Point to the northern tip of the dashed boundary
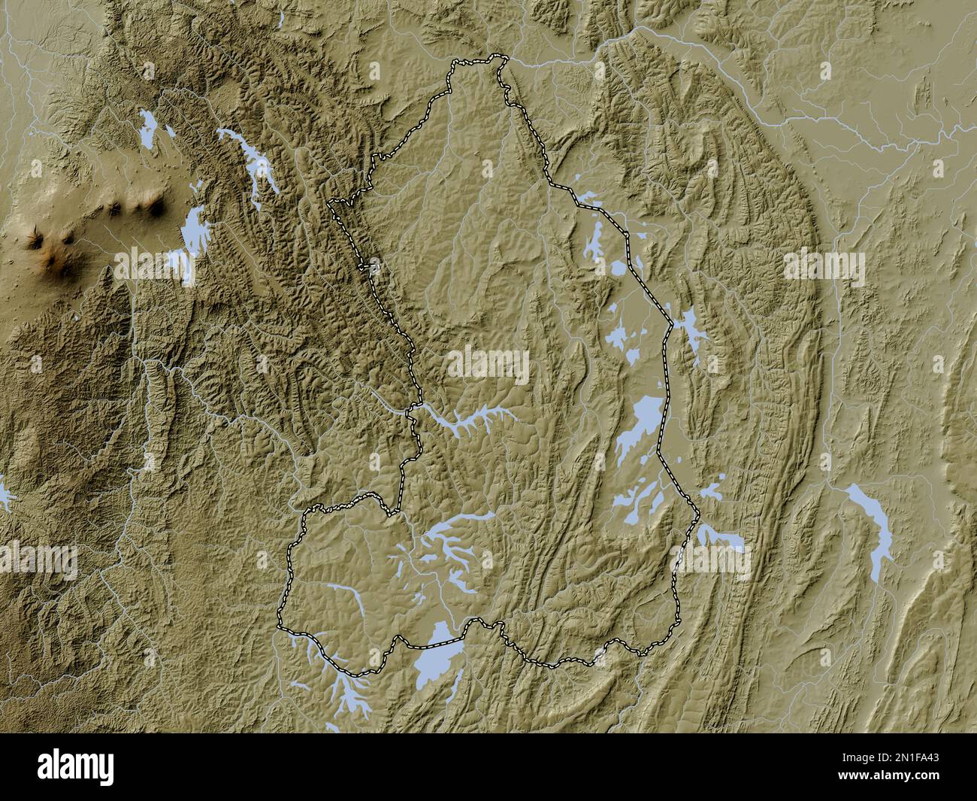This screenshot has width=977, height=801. point(495,58)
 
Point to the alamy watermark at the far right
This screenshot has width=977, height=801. point(824,265)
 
